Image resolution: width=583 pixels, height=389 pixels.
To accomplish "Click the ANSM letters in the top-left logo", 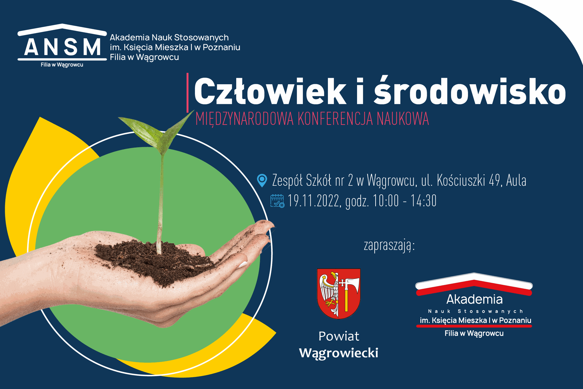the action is (x=62, y=47).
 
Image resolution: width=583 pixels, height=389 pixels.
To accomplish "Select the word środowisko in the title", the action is (x=470, y=90).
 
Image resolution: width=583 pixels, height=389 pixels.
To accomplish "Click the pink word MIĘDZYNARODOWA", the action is (x=244, y=119).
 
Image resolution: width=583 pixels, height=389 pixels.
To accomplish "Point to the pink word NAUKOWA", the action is (x=403, y=119).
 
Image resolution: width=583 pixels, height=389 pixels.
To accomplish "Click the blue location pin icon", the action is (x=262, y=181).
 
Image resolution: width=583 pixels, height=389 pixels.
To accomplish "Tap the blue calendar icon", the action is (x=277, y=201).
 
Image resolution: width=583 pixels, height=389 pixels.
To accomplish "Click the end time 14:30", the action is (x=424, y=201).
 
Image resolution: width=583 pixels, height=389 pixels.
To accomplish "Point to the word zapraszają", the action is (x=389, y=246).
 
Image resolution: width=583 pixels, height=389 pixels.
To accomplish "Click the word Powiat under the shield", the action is (x=339, y=336).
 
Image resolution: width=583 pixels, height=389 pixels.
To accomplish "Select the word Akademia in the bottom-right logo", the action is (x=474, y=299).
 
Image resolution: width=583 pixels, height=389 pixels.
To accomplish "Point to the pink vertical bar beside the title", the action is (x=188, y=93).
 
